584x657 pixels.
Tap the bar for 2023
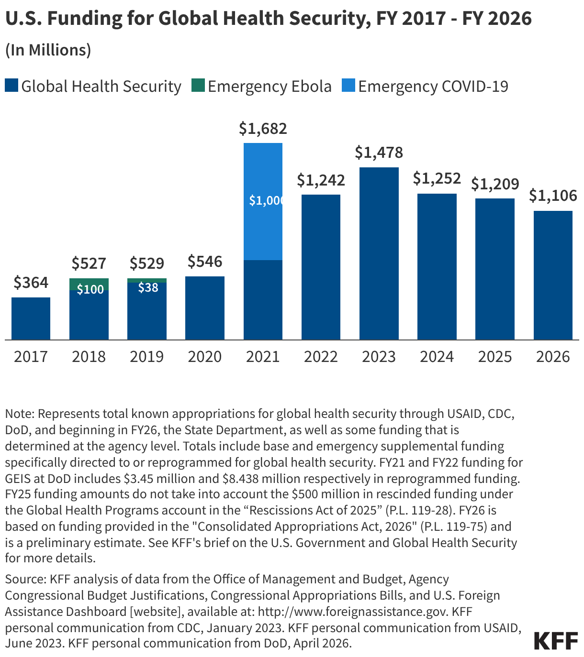(379, 253)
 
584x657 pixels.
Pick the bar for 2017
(31, 318)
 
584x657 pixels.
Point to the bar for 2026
(553, 275)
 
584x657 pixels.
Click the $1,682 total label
(263, 129)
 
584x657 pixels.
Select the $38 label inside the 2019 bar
(148, 287)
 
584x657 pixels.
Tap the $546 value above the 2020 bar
(205, 262)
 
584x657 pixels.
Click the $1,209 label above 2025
(495, 184)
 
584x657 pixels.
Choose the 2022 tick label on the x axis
(321, 357)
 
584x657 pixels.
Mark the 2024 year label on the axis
(437, 357)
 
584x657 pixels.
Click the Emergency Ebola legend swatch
(198, 86)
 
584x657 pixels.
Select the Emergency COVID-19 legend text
(433, 87)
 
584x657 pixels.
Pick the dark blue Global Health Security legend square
(11, 86)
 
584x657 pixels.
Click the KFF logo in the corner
(556, 641)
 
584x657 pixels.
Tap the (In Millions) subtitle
(48, 50)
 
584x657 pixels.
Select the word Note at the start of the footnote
(19, 414)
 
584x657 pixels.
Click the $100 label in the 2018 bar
(90, 289)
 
